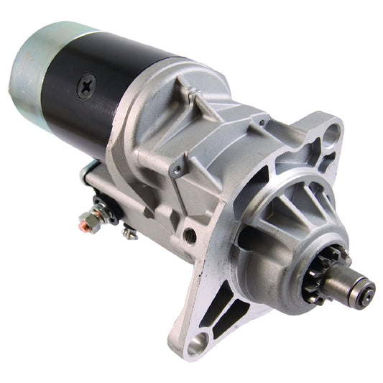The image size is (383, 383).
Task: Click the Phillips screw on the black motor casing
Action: pyautogui.click(x=86, y=88)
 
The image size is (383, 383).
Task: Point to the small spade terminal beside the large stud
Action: pyautogui.click(x=129, y=231)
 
